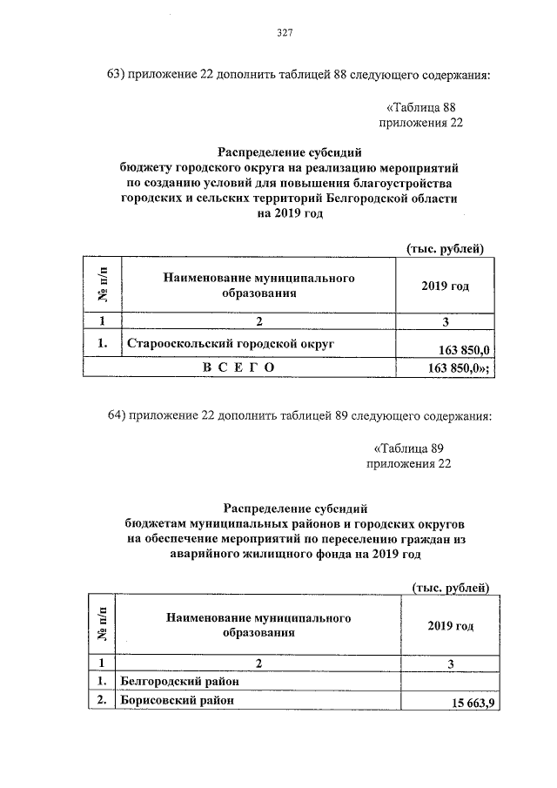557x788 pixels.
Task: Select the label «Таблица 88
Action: pyautogui.click(x=420, y=107)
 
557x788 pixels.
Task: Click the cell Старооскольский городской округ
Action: pyautogui.click(x=231, y=343)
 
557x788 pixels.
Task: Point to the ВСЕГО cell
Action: pyautogui.click(x=238, y=368)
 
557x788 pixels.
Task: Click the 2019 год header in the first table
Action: pyautogui.click(x=445, y=286)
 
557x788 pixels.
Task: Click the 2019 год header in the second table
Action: pyautogui.click(x=450, y=626)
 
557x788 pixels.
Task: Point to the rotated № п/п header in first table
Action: pyautogui.click(x=103, y=286)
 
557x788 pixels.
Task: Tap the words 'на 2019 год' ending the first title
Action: pyautogui.click(x=283, y=213)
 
